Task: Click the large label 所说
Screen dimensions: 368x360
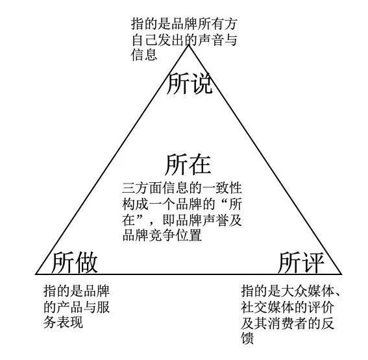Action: (x=190, y=83)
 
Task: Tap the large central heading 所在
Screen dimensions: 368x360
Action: (x=188, y=164)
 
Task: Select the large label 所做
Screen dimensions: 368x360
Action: (x=75, y=263)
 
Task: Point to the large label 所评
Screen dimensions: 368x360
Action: (x=301, y=263)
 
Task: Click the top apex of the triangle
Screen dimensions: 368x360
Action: (x=188, y=45)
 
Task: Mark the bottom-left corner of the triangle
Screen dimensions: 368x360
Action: (x=36, y=274)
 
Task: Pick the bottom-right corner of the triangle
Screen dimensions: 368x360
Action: (x=341, y=274)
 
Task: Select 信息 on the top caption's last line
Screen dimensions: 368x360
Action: (x=144, y=55)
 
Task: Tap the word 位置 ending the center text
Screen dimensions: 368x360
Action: (x=189, y=235)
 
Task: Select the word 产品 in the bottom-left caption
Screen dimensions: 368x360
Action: (x=69, y=307)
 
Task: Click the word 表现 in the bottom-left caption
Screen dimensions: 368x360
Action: (x=69, y=322)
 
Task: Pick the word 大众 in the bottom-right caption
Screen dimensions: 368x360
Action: (x=295, y=291)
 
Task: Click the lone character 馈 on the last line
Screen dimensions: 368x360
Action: (x=248, y=338)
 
